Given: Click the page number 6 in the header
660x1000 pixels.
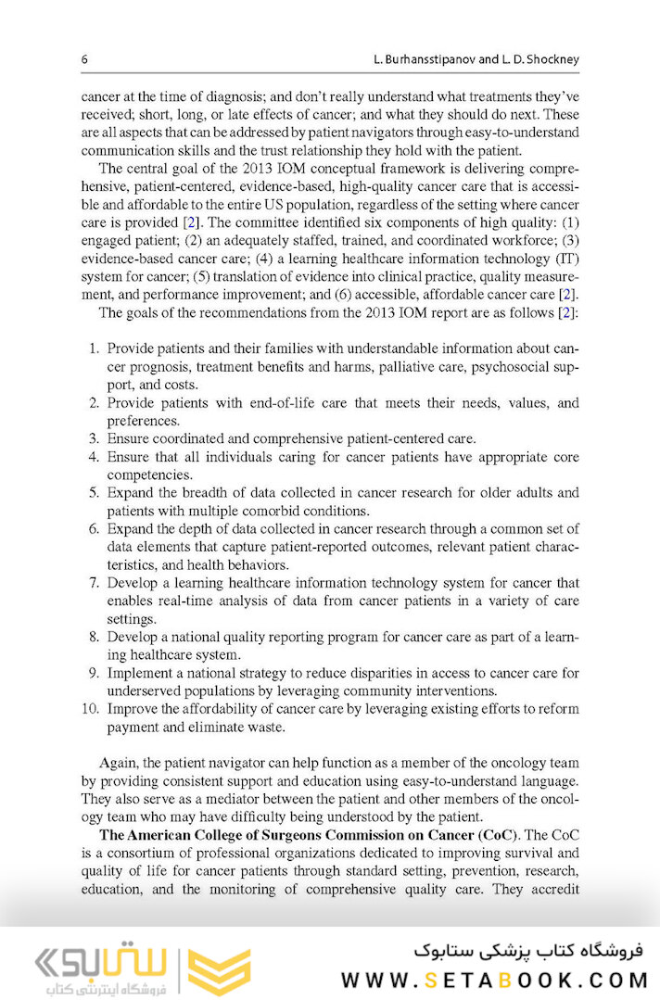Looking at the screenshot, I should point(84,59).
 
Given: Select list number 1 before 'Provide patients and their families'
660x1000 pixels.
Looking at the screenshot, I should point(94,349).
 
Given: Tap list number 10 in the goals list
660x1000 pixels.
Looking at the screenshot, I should point(91,709).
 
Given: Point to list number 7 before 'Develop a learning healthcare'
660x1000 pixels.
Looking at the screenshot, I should point(94,583).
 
